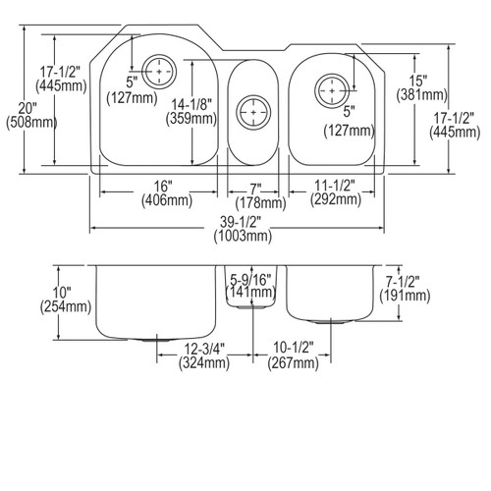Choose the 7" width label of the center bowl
[x=255, y=187]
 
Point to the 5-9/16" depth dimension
[x=251, y=276]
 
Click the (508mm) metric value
[x=25, y=124]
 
